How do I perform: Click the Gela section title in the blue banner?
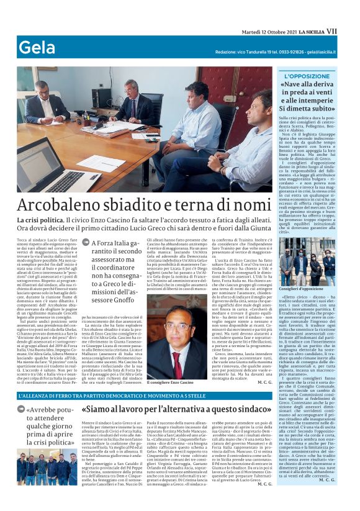tap(37, 48)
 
